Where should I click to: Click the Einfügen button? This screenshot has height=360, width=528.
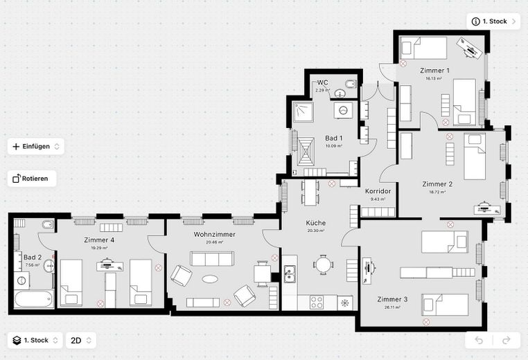coord(36,146)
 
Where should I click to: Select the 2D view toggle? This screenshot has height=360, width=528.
coord(80,340)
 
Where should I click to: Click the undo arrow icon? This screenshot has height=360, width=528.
coord(479,340)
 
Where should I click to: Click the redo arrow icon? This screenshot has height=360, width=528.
coord(506,340)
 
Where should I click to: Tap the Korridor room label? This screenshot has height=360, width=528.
coord(378,191)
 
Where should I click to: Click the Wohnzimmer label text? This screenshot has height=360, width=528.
coord(215,235)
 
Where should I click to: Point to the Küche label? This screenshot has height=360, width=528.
coord(315,223)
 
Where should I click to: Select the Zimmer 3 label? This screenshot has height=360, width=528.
coord(393,299)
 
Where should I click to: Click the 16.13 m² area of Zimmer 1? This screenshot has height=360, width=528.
coord(434,78)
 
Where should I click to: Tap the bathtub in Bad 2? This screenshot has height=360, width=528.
coord(33,299)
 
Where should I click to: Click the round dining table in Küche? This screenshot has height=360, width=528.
coord(323,264)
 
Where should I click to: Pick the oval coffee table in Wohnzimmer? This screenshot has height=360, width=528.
coord(209,279)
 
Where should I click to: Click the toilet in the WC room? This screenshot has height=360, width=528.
coord(350,84)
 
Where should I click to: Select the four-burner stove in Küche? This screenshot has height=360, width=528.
coord(316,303)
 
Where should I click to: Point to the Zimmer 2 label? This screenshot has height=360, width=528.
coord(437,184)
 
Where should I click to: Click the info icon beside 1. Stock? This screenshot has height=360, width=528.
coord(475,21)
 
